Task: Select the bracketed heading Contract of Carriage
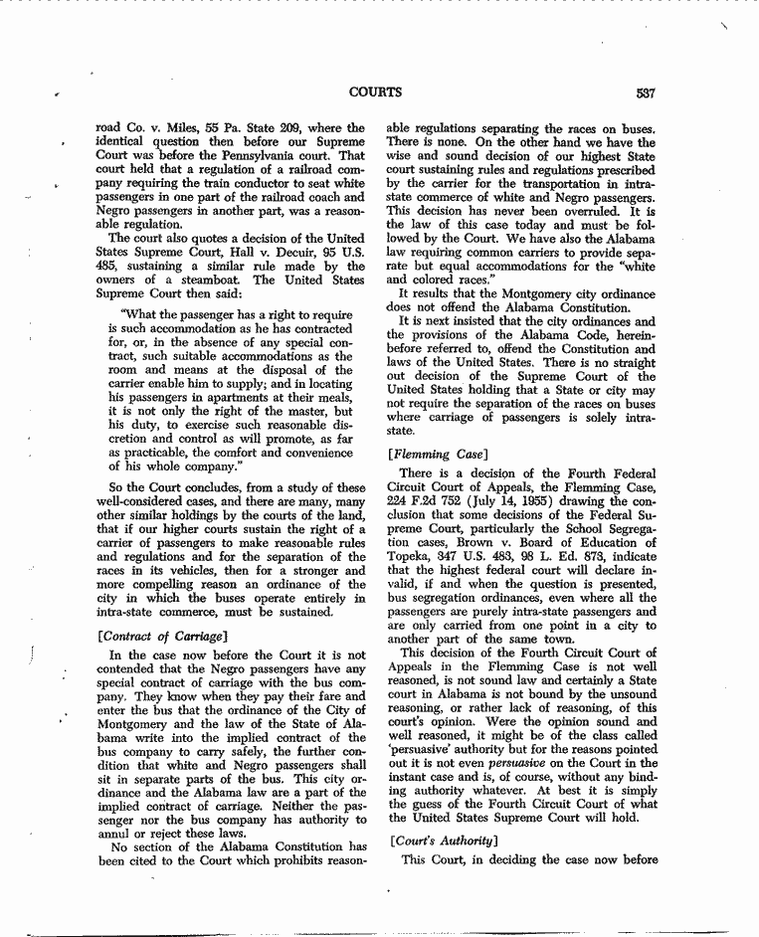[x=163, y=634]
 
